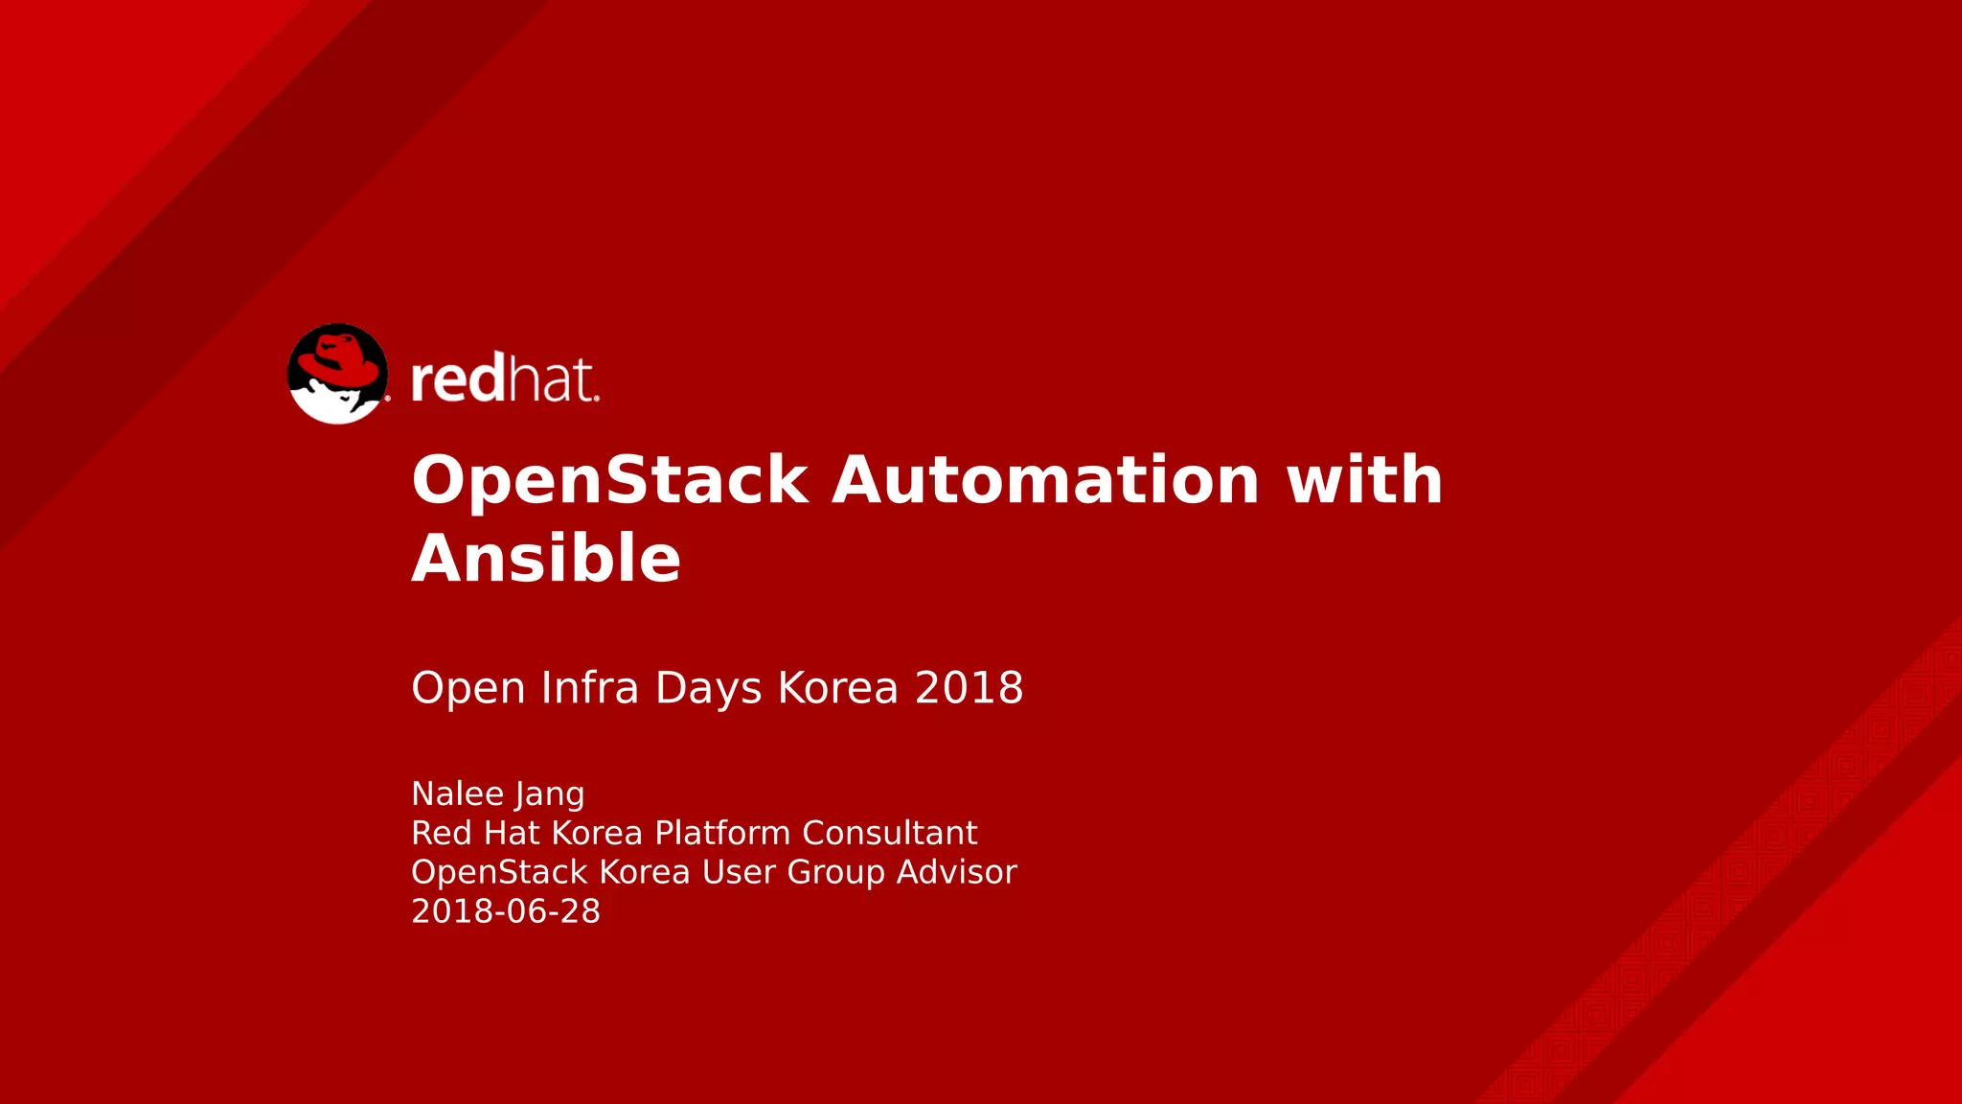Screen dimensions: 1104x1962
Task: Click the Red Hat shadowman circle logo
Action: [x=337, y=374]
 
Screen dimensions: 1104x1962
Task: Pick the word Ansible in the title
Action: [x=546, y=558]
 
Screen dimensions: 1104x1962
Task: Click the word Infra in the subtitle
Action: [x=589, y=688]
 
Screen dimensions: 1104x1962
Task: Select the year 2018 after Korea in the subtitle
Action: [x=969, y=688]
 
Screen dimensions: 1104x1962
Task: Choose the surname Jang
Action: [x=549, y=795]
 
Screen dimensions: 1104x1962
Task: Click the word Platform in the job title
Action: [x=723, y=833]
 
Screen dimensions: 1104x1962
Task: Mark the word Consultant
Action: [x=889, y=833]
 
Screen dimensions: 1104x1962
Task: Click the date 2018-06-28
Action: [x=506, y=911]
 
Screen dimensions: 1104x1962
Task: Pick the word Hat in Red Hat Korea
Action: [x=513, y=833]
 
